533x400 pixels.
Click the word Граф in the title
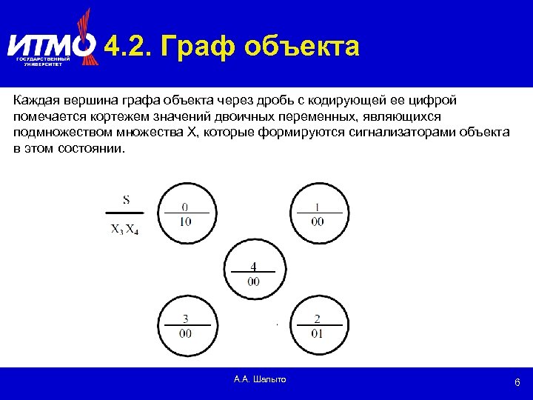coord(199,47)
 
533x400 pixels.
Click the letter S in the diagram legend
coord(127,199)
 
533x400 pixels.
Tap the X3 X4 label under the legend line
coord(125,229)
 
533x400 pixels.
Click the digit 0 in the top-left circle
coord(184,207)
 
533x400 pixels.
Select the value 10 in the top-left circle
coord(184,221)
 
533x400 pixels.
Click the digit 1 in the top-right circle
coord(318,207)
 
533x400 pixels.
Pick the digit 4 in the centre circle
coord(253,266)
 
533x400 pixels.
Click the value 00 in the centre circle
coord(253,281)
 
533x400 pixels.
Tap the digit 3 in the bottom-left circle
coord(185,319)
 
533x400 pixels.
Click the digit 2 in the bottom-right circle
coord(318,319)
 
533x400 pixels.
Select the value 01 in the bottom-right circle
coord(318,333)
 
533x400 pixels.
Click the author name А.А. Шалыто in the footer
coord(259,379)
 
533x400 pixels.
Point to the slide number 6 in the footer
coord(517,383)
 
